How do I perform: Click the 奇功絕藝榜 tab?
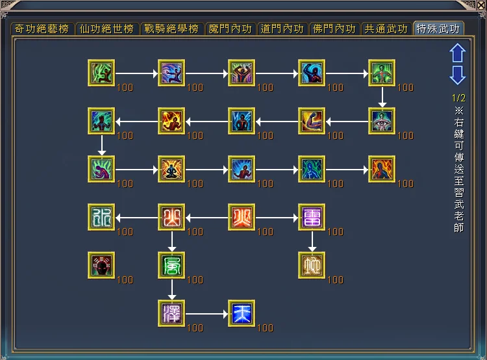click(42, 29)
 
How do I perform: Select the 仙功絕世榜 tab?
click(107, 29)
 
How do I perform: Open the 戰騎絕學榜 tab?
click(172, 29)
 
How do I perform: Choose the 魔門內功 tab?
click(230, 29)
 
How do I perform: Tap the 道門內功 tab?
click(282, 29)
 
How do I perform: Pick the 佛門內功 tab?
click(334, 29)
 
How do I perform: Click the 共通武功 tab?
click(386, 29)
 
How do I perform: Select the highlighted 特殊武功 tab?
click(438, 29)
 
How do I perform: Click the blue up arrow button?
click(458, 53)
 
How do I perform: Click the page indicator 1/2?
click(458, 98)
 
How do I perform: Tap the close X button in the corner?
click(481, 5)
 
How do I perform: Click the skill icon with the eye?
click(382, 121)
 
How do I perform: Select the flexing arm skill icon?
click(312, 121)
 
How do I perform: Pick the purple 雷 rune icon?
click(312, 217)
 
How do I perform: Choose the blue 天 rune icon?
click(242, 313)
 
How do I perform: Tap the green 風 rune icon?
click(171, 265)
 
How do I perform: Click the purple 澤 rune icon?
click(171, 313)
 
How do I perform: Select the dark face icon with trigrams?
click(101, 265)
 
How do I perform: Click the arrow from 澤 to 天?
click(206, 314)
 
